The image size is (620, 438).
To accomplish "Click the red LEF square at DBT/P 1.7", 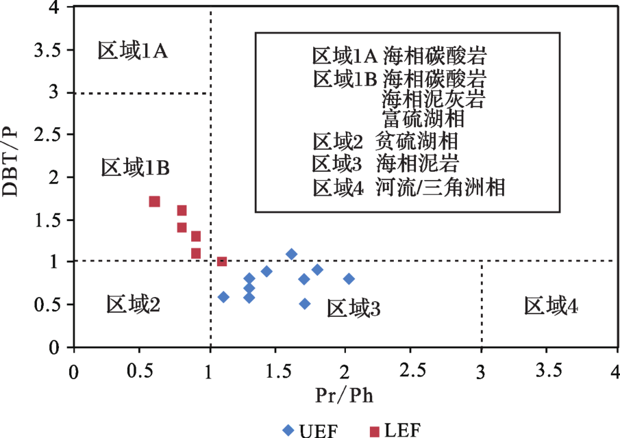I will click(x=155, y=201).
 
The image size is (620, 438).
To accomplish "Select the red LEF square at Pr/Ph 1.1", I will click(x=221, y=261).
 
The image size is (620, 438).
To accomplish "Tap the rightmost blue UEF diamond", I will click(x=349, y=279).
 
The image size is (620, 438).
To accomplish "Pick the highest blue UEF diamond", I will click(x=291, y=254).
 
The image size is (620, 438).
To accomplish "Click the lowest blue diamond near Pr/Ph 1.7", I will click(x=305, y=303).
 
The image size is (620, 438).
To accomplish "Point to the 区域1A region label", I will click(x=133, y=50).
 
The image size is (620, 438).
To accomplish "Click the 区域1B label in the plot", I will click(x=135, y=166).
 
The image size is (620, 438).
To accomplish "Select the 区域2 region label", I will click(x=134, y=303).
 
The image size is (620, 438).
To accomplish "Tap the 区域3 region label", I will click(x=354, y=309).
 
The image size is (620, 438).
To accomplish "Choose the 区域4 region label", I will click(x=551, y=306).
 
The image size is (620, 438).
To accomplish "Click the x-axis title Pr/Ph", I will click(x=344, y=395).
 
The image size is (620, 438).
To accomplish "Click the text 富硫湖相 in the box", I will click(x=424, y=118).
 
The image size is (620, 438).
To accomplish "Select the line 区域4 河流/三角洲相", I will click(x=409, y=187).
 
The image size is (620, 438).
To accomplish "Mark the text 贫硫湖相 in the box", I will click(x=417, y=142).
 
